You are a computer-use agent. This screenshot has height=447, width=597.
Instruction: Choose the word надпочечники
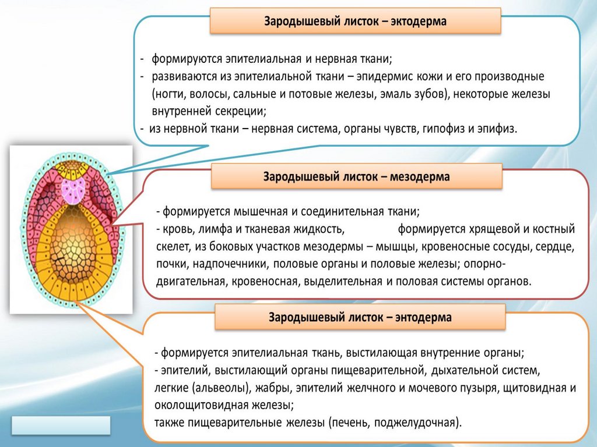(x=235, y=263)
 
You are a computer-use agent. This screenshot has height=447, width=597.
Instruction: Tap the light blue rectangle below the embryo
(x=61, y=425)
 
